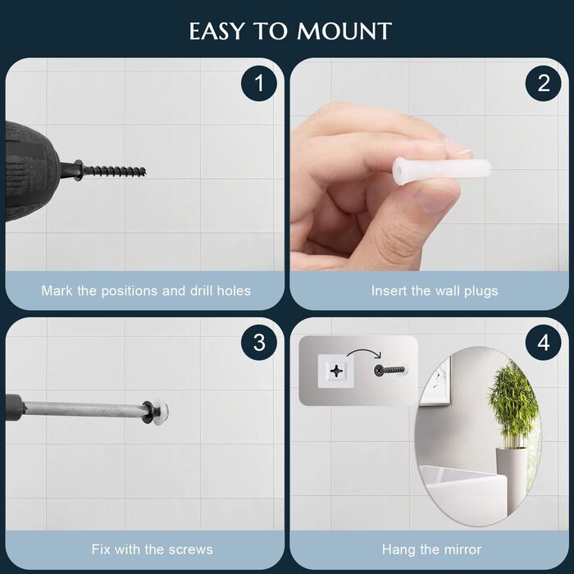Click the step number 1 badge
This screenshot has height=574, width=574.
259,83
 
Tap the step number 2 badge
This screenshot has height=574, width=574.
543,83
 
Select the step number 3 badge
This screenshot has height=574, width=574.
259,343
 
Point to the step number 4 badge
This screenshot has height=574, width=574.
543,343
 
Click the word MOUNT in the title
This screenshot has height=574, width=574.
344,31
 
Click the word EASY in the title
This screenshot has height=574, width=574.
216,31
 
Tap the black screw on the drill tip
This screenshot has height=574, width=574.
110,170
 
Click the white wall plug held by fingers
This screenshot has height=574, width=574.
441,170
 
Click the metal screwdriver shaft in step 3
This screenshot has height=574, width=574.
84,408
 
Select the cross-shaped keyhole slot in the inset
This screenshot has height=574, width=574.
335,371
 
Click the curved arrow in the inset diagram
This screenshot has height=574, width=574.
364,353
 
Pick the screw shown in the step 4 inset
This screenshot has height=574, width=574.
389,370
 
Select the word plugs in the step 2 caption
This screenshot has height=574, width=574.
481,291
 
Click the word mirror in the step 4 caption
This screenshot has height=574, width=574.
462,549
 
